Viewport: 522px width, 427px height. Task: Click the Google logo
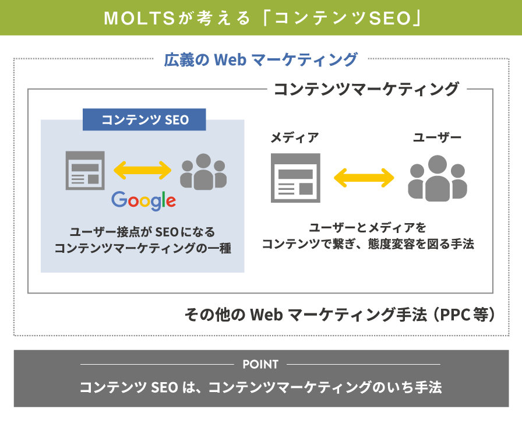point(143,200)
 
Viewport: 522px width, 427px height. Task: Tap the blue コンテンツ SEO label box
point(144,119)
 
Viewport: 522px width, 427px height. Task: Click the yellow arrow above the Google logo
point(143,170)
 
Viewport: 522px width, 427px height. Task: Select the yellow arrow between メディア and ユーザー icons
point(364,178)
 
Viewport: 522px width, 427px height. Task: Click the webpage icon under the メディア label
point(295,178)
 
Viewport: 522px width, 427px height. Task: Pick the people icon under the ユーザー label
point(438,178)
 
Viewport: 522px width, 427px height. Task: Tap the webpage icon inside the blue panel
point(85,171)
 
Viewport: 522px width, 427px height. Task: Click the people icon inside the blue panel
point(203,171)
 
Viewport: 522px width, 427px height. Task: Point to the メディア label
point(295,137)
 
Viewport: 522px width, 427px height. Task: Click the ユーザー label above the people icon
point(437,137)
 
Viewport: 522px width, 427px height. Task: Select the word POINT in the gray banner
point(260,365)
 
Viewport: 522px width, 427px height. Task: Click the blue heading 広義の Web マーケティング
point(260,59)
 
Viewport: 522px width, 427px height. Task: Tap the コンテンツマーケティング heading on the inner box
point(366,89)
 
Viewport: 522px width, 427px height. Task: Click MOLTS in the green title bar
point(139,18)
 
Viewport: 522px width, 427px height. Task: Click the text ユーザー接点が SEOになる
point(143,232)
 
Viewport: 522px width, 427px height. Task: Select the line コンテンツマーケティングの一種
point(143,248)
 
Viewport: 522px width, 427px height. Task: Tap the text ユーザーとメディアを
point(368,228)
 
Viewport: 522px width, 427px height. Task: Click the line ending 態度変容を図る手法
point(368,244)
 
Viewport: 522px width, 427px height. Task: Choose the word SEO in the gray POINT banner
point(164,387)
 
